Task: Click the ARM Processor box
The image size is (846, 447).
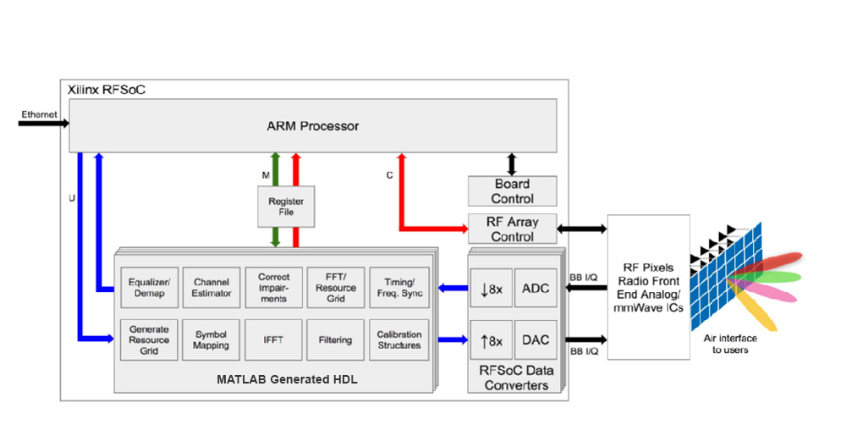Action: (312, 126)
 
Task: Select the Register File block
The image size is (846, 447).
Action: (286, 207)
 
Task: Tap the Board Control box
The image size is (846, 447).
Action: (513, 191)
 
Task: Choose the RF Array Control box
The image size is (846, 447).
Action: (513, 229)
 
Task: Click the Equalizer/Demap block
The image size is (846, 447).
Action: (149, 288)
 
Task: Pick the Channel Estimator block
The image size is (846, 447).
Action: (211, 288)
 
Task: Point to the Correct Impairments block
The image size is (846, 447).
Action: (273, 288)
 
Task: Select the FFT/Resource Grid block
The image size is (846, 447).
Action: (335, 288)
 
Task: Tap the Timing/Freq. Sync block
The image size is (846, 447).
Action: (398, 288)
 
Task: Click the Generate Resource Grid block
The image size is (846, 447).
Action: (149, 340)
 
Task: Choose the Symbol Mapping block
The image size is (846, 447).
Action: (211, 340)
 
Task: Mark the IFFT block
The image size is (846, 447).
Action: (273, 340)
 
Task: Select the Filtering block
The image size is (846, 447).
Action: (335, 340)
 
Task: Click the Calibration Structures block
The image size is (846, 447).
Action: (398, 340)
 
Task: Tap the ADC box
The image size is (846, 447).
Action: (535, 289)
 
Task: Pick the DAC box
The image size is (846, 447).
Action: (535, 340)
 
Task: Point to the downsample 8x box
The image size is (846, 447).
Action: (491, 289)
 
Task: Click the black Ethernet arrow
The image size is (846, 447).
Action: (42, 124)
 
